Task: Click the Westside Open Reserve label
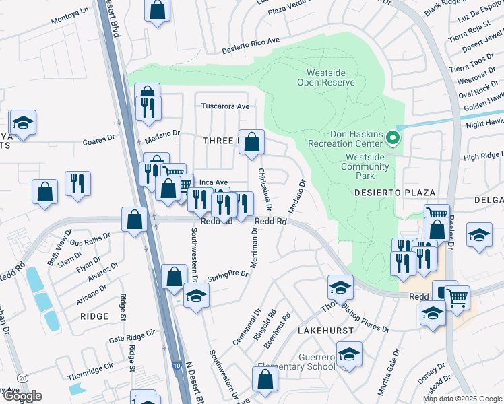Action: click(x=330, y=77)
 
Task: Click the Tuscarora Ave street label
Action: click(x=226, y=106)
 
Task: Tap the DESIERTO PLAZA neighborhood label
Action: click(x=391, y=193)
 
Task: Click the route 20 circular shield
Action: click(x=24, y=378)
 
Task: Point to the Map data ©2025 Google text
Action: click(x=462, y=399)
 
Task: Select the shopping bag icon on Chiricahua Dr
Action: click(x=252, y=142)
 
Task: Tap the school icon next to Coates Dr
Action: click(x=23, y=123)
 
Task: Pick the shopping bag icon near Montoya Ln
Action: click(x=157, y=10)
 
